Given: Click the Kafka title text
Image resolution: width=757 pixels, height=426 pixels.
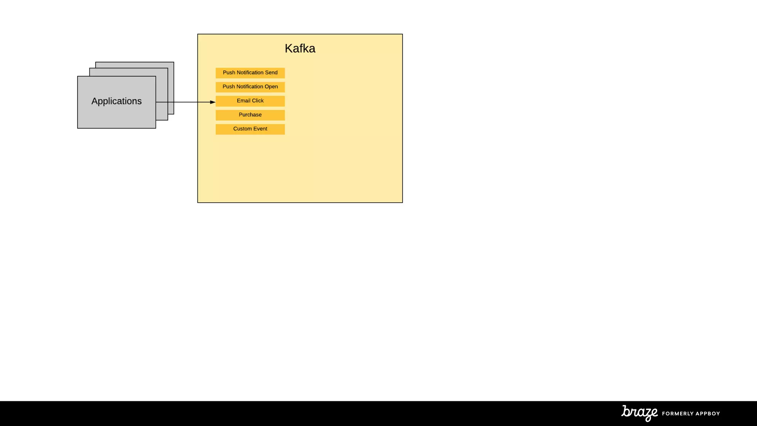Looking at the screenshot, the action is point(300,48).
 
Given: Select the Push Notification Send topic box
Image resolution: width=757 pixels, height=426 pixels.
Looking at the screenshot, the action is point(250,73).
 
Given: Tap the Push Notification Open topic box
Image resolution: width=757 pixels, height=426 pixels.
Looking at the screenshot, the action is point(250,87).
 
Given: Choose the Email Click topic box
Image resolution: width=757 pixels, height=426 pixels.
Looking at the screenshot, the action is point(250,101).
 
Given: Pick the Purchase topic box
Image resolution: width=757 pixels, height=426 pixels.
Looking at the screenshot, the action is point(250,115).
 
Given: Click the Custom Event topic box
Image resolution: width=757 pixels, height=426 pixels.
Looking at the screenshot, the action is point(250,129).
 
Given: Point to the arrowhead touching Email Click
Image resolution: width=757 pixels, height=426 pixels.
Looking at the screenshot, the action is point(213,102).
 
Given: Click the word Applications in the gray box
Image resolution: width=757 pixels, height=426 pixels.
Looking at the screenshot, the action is point(116,101).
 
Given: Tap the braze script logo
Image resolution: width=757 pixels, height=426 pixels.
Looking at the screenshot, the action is point(639,413).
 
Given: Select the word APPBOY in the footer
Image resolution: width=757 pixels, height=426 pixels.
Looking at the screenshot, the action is point(707,413).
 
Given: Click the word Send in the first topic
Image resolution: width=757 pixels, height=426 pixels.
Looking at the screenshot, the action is point(271,72).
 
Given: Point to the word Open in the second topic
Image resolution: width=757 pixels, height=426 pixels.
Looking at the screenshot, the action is point(271,87).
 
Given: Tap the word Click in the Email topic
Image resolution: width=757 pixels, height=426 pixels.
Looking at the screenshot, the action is point(258,101).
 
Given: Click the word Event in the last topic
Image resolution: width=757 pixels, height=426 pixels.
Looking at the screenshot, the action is point(260,129).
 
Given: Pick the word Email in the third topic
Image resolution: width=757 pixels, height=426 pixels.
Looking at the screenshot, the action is point(244,101).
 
